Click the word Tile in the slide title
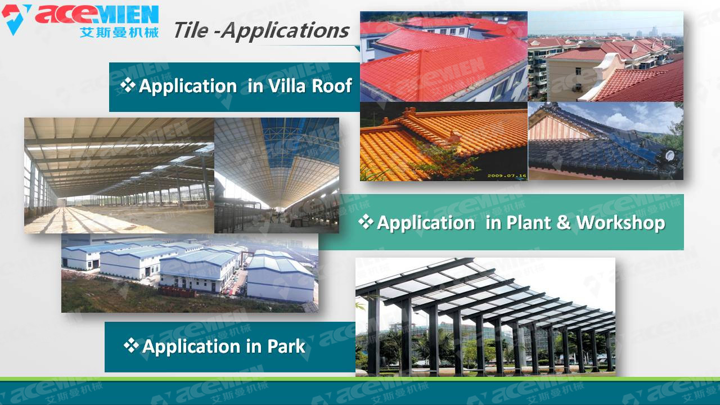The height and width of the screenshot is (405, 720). (191, 30)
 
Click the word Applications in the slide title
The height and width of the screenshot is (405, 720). (285, 31)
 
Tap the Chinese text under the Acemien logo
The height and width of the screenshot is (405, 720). (119, 33)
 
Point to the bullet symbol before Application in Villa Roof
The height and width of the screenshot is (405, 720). (128, 85)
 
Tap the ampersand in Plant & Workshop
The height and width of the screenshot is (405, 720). (564, 223)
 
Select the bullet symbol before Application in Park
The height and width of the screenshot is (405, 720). (131, 345)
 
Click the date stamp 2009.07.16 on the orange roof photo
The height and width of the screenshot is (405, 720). (507, 175)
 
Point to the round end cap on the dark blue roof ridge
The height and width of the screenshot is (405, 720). (669, 156)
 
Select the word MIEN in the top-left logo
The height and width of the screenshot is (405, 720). (128, 15)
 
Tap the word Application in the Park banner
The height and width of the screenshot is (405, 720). (191, 347)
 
